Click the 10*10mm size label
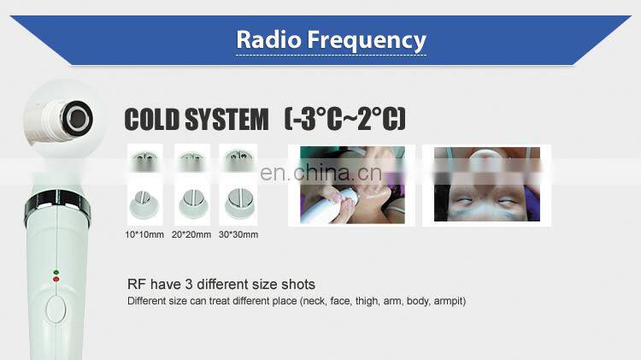(x=143, y=233)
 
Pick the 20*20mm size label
(x=191, y=233)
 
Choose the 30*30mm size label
(x=238, y=233)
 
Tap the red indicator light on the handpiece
(x=56, y=279)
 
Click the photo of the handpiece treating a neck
(x=351, y=184)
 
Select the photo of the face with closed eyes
(x=487, y=184)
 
